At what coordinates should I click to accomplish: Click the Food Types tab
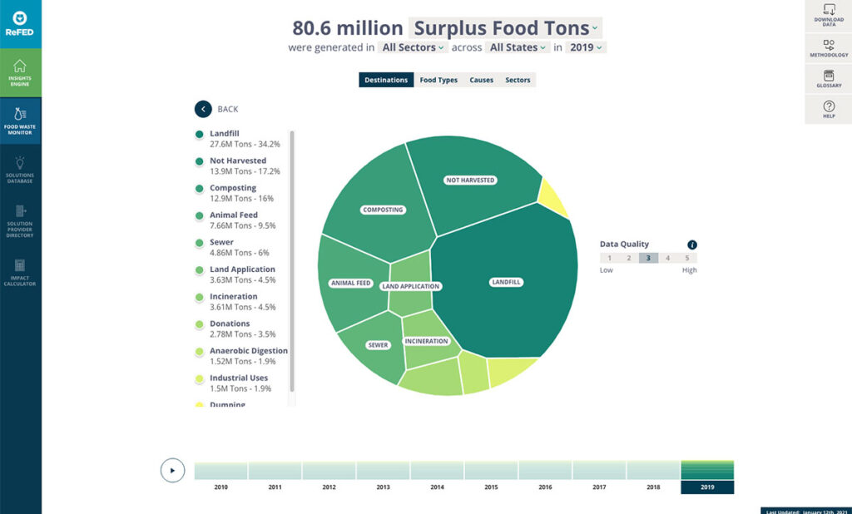pos(438,80)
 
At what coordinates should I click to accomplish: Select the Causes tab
pos(481,80)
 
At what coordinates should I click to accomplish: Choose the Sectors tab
pos(518,80)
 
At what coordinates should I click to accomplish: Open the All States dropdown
pos(518,47)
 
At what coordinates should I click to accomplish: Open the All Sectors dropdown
pos(413,47)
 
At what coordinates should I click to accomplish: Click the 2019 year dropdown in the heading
pos(586,47)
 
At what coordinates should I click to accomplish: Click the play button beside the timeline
pos(172,470)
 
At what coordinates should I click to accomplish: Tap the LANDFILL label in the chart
pos(506,282)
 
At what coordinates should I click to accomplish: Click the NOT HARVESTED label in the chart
pos(470,180)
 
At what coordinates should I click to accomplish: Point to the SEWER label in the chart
pos(378,344)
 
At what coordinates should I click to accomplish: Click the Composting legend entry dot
pos(200,189)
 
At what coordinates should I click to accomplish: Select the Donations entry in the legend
pos(230,324)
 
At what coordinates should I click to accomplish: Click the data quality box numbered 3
pos(648,258)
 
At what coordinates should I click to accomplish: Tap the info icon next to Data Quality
pos(692,245)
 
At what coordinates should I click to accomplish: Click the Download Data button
pos(829,14)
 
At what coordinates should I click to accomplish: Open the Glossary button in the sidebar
pos(829,79)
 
